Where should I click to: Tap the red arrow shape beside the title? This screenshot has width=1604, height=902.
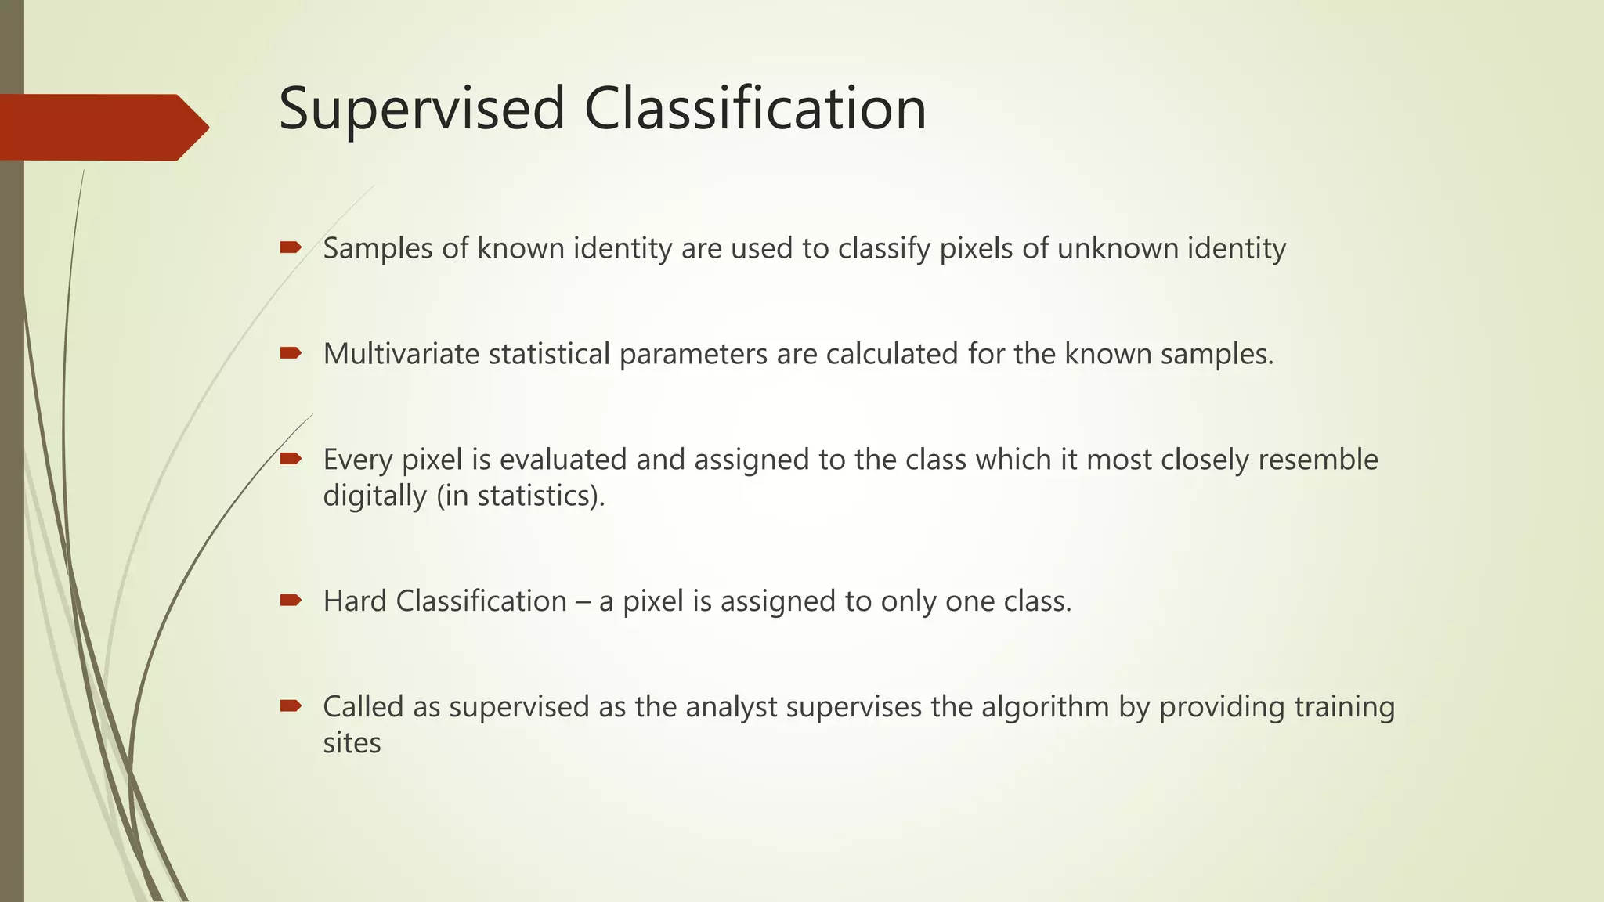click(102, 127)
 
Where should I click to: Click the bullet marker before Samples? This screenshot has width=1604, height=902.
click(291, 248)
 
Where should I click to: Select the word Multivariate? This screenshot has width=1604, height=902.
click(401, 354)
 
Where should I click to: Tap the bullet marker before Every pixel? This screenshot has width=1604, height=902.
click(291, 459)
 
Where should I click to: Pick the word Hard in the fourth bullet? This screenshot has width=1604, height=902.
click(355, 601)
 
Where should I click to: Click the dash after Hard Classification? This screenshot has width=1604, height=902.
click(583, 602)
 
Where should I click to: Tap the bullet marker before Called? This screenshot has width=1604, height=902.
click(291, 706)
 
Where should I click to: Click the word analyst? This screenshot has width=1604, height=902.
click(732, 707)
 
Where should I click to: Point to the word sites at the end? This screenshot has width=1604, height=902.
click(352, 743)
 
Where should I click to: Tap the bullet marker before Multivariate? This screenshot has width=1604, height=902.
click(291, 354)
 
